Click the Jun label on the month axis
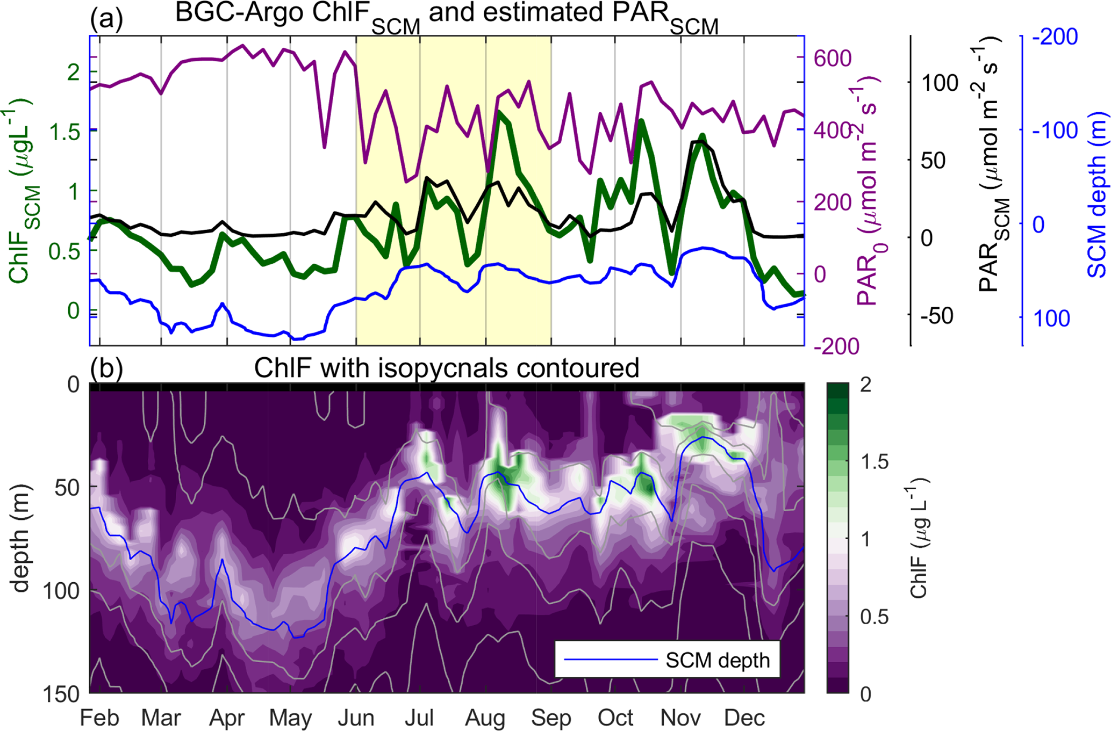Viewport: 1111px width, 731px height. (356, 718)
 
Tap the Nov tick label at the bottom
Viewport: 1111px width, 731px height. (680, 718)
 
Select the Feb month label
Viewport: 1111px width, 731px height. (99, 718)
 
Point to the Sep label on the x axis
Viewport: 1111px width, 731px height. (551, 718)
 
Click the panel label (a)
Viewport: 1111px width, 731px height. (106, 19)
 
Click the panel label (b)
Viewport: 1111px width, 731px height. (106, 368)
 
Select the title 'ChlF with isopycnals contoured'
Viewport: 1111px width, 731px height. (446, 368)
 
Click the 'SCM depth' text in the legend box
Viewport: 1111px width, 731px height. (718, 660)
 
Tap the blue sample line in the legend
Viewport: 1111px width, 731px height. (611, 660)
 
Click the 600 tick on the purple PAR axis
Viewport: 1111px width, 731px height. (833, 58)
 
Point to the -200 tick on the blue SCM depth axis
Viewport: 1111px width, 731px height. (1055, 37)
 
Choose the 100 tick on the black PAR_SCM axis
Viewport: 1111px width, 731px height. (940, 83)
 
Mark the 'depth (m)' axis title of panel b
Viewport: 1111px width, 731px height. (20, 538)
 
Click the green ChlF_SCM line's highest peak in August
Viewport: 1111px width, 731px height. (500, 112)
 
